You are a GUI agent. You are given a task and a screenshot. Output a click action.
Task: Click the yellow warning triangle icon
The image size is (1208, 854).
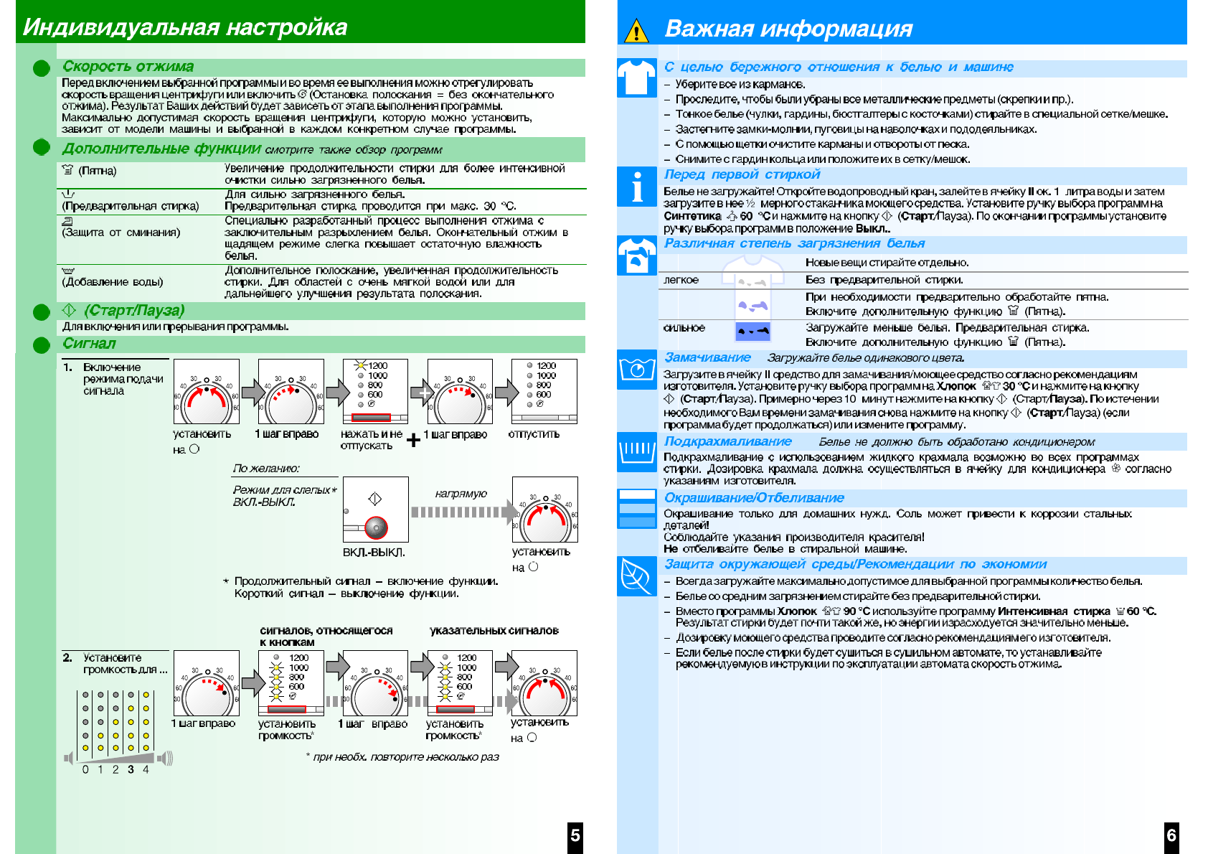click(636, 31)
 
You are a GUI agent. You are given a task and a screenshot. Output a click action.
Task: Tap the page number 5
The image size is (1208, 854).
click(575, 835)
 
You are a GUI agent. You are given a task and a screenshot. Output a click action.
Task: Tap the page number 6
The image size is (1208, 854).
click(1171, 835)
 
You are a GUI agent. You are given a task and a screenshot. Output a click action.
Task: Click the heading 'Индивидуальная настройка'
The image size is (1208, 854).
click(185, 27)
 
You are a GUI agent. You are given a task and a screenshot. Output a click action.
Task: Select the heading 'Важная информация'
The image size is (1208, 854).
click(788, 29)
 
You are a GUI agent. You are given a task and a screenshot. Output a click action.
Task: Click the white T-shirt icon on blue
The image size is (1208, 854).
click(636, 78)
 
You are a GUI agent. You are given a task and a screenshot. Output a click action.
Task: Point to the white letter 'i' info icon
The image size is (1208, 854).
click(636, 187)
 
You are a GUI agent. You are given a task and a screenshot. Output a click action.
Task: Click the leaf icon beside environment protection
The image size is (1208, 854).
click(636, 576)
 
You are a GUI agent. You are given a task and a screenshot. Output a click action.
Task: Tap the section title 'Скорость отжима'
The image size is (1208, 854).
click(128, 67)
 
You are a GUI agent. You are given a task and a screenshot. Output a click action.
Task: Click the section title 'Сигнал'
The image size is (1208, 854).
click(89, 344)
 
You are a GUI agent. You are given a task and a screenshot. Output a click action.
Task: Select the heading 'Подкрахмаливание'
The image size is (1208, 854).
click(727, 441)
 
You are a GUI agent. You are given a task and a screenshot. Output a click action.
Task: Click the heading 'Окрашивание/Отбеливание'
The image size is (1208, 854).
click(753, 498)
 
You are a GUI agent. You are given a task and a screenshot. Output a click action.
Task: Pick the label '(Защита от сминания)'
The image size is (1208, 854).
click(121, 233)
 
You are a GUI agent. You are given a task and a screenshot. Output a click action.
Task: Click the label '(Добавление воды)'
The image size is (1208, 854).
click(113, 282)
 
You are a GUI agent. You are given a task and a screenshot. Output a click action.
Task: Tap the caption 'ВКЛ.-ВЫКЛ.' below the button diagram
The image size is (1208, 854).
click(374, 553)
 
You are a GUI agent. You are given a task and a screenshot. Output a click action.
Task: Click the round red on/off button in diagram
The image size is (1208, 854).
click(376, 527)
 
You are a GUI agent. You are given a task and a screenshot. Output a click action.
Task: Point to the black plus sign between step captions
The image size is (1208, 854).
click(413, 440)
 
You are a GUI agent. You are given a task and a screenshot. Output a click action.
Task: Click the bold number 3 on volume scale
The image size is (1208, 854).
click(131, 769)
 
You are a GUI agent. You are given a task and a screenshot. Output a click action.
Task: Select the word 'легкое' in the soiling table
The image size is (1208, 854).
click(681, 280)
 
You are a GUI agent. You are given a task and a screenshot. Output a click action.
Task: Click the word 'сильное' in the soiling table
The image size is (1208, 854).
click(684, 328)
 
